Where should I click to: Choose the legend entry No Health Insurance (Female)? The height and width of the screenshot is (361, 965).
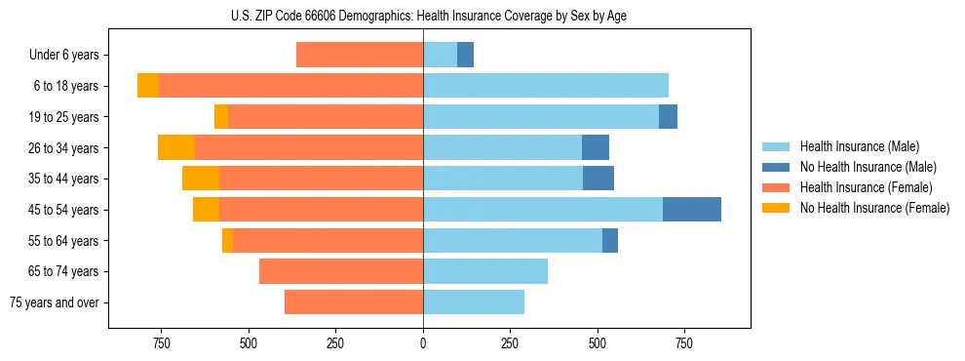click(873, 208)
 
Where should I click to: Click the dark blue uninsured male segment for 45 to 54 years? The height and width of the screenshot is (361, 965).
click(692, 210)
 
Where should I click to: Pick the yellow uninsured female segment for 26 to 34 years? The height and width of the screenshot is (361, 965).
click(176, 147)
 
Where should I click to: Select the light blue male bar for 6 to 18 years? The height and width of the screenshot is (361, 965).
click(546, 86)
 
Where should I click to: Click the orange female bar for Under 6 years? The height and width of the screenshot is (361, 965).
click(360, 55)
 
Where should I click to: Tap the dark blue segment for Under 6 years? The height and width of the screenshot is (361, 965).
click(465, 55)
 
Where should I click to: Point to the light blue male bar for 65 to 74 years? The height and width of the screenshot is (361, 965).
click(485, 271)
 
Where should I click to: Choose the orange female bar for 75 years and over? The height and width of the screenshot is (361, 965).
click(354, 302)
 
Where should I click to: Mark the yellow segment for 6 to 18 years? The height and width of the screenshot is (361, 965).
click(148, 86)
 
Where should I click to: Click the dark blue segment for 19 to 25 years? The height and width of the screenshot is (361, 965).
click(668, 117)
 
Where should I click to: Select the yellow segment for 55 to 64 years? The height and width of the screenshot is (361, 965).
click(227, 241)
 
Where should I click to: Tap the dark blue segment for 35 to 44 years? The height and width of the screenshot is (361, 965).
click(598, 179)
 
